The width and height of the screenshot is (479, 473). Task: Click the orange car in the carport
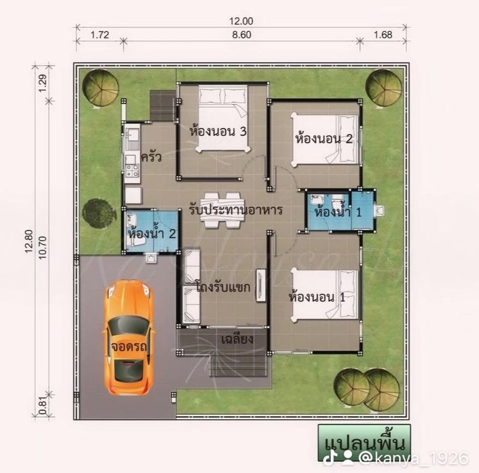[x=128, y=338]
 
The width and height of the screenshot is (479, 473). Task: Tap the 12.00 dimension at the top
[x=241, y=21]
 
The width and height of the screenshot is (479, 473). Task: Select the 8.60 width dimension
[x=241, y=35]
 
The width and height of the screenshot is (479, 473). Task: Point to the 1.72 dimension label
[x=100, y=35]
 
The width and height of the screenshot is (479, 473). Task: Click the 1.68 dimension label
[x=383, y=35]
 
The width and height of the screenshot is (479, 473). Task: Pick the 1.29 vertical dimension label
[x=42, y=83]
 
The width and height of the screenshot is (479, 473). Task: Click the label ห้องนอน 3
[x=218, y=131]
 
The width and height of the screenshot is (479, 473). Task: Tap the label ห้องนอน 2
[x=324, y=139]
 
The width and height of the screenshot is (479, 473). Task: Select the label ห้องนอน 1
[x=317, y=297]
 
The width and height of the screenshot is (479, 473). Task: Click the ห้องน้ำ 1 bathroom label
[x=338, y=211]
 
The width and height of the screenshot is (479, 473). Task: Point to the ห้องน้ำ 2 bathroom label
[x=152, y=234]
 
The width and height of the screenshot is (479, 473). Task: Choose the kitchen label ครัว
[x=151, y=157]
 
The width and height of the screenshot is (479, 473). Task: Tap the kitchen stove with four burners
[x=132, y=171]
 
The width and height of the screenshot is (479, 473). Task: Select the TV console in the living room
[x=260, y=285]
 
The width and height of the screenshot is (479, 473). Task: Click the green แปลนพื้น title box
[x=364, y=443]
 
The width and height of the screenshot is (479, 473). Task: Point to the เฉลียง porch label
[x=238, y=339]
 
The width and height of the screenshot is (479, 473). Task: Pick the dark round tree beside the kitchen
[x=98, y=213]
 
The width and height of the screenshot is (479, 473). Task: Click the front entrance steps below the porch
[x=239, y=366]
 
